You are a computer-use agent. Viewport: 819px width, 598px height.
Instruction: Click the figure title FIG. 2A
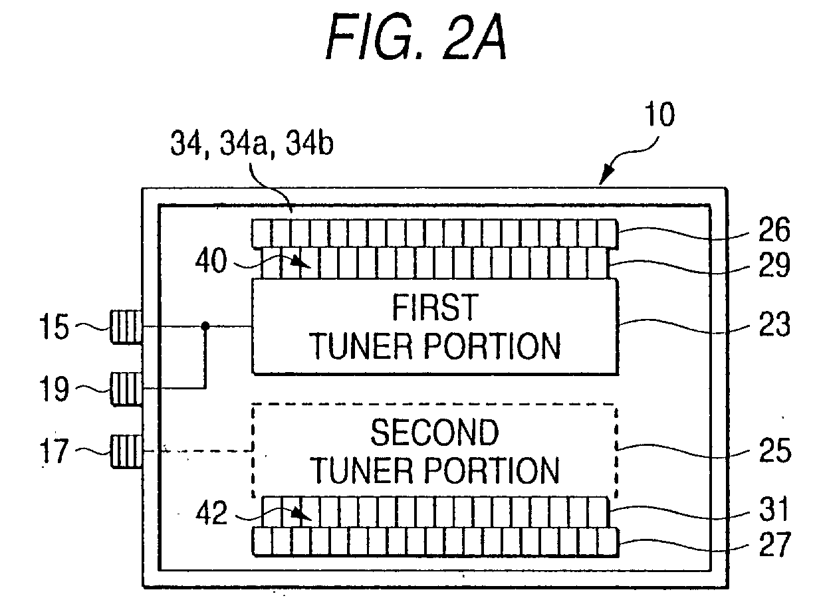[x=416, y=37]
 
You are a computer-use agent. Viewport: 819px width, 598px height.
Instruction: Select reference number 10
[x=659, y=114]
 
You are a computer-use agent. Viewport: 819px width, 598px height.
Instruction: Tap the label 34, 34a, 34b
[x=252, y=144]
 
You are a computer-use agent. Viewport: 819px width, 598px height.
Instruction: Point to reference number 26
[x=774, y=229]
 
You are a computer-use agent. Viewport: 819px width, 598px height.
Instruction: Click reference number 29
[x=774, y=264]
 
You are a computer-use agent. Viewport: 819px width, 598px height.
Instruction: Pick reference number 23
[x=774, y=324]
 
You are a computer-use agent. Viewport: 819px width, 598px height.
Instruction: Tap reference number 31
[x=773, y=508]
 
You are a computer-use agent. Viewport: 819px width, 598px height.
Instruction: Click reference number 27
[x=774, y=544]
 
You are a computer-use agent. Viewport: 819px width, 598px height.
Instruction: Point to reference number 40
[x=211, y=260]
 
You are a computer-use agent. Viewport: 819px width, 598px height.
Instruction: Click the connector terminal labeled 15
[x=126, y=327]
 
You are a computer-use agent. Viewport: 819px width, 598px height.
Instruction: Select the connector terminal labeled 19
[x=126, y=389]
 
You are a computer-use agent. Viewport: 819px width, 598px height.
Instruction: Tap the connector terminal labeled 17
[x=126, y=451]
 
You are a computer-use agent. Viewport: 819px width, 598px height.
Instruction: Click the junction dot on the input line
[x=205, y=326]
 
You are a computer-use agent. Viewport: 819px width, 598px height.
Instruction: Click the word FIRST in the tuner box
[x=435, y=308]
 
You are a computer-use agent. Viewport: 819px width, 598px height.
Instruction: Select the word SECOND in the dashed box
[x=435, y=433]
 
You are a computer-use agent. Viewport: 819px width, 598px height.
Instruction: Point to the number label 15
[x=54, y=327]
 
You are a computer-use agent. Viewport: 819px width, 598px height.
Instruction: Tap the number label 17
[x=54, y=451]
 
